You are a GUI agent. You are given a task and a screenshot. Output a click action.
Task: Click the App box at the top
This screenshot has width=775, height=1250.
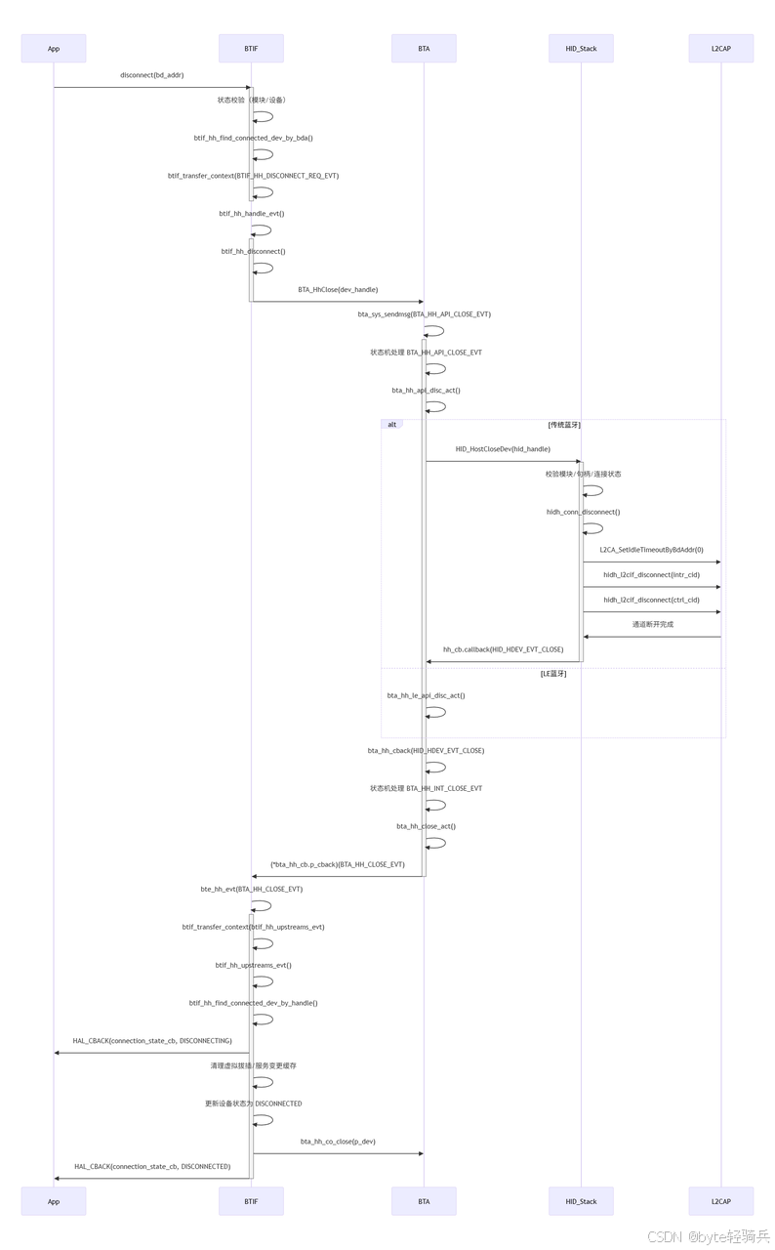pos(54,49)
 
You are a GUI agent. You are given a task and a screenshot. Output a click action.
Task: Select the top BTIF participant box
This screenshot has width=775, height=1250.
pos(251,49)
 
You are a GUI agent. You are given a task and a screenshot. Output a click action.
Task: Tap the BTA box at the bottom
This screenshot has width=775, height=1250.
pos(424,1201)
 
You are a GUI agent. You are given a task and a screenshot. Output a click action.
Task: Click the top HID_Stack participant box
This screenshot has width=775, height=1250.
pos(581,49)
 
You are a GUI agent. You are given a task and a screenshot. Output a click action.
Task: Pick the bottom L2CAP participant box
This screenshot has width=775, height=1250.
pos(720,1201)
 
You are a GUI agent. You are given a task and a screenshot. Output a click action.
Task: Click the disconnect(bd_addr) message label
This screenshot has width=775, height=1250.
pos(152,75)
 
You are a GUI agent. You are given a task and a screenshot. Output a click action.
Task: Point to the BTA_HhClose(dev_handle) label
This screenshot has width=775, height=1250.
pos(338,290)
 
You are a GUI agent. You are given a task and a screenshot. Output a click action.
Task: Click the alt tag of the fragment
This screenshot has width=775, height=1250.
pos(392,425)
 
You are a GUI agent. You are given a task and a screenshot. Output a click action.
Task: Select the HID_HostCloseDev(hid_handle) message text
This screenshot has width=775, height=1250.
pos(503,449)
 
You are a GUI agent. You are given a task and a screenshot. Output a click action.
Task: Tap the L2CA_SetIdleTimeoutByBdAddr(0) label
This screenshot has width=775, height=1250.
pos(651,550)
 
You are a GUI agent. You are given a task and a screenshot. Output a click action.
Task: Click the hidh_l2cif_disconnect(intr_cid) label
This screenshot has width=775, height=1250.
pos(651,575)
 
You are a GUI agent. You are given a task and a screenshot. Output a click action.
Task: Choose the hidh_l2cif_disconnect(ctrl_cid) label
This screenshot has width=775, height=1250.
pos(651,601)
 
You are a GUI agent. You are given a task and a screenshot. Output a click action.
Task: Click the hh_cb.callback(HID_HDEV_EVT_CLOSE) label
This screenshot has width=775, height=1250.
pos(503,649)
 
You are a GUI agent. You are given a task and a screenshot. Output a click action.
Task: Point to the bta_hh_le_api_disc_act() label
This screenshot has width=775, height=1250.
pos(426,696)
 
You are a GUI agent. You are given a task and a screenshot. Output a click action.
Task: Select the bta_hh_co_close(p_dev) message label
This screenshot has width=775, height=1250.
pos(338,1142)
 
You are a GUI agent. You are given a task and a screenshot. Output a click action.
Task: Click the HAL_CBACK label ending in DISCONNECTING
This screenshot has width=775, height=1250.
pos(152,1041)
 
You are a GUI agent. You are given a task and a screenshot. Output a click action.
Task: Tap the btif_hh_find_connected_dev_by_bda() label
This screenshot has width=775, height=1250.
pos(253,139)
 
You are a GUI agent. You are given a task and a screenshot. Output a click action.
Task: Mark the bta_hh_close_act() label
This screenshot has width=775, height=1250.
pos(426,827)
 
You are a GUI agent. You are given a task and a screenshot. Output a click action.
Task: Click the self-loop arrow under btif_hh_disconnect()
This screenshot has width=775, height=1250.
pos(265,268)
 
